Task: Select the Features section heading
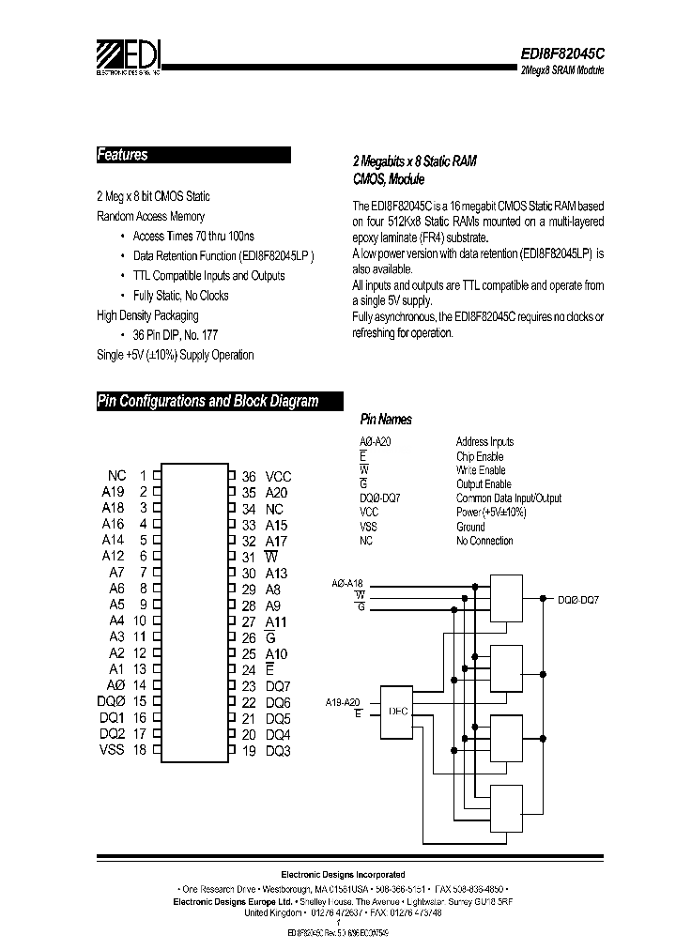123,155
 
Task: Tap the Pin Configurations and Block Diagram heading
207,401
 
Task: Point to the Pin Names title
386,420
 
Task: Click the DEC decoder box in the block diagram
395,712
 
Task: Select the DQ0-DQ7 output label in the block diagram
578,599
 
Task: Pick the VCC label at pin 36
279,477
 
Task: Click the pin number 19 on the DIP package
249,751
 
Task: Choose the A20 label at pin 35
277,492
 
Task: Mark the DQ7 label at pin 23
278,686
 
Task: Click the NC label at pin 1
116,476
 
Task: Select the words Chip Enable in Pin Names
481,456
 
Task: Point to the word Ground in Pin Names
470,527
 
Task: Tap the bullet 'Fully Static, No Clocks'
181,296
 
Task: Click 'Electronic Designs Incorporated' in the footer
344,874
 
